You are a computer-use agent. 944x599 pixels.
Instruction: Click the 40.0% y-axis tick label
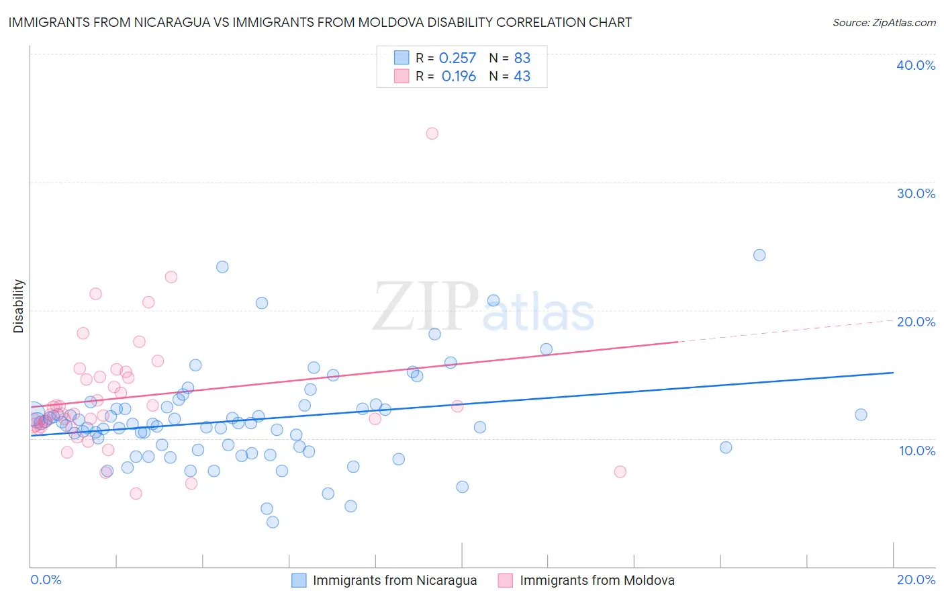[x=915, y=65]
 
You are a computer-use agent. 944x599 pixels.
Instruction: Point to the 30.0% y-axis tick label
[x=915, y=193]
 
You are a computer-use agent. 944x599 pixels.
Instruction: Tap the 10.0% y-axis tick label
[x=916, y=451]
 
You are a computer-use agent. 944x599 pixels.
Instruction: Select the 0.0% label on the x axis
[x=46, y=580]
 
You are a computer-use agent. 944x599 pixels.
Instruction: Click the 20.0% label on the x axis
[x=916, y=580]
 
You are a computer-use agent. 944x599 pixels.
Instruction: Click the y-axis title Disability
[x=19, y=306]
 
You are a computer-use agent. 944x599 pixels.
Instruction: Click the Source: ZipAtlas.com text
[x=884, y=22]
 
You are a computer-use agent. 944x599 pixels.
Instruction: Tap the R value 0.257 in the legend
[x=457, y=58]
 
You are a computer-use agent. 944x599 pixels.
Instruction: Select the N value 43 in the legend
[x=522, y=77]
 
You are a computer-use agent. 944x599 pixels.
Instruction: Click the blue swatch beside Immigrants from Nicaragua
[x=299, y=580]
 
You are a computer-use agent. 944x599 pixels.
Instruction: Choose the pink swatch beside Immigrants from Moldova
[x=506, y=580]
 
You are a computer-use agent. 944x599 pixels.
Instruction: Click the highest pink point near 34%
[x=432, y=134]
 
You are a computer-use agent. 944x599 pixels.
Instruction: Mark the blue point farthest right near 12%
[x=861, y=414]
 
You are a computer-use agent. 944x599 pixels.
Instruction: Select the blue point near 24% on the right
[x=759, y=255]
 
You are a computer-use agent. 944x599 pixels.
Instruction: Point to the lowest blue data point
[x=273, y=522]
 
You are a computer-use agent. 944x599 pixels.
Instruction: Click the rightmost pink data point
[x=620, y=471]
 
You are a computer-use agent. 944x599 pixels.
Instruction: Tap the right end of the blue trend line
[x=893, y=372]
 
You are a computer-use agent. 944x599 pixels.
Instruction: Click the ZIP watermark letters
[x=425, y=307]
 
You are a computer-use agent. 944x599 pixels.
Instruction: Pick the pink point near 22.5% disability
[x=171, y=277]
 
